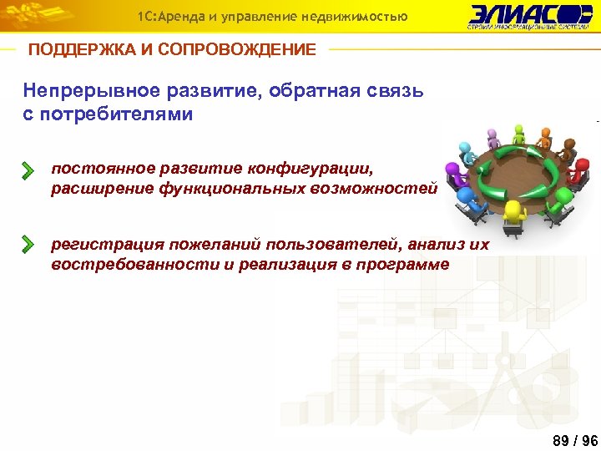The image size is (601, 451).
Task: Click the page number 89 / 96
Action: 575,440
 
